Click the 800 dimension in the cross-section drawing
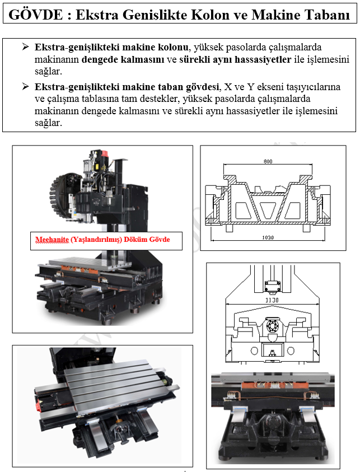click(x=268, y=161)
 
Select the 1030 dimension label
click(x=268, y=237)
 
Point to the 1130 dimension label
click(x=272, y=300)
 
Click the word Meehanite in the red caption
click(x=52, y=240)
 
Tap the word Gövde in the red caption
click(x=159, y=239)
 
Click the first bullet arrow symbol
click(x=25, y=46)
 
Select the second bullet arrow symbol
click(x=25, y=86)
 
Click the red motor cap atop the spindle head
click(x=105, y=153)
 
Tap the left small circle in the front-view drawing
click(x=254, y=351)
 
